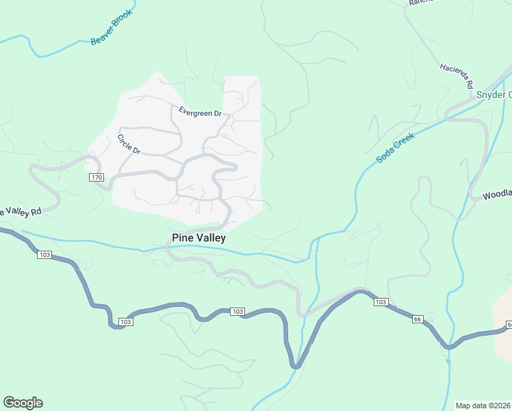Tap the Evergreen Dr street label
201,112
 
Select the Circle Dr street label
128,144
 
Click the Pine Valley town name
198,238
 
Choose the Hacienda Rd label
457,77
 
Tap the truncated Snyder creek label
494,95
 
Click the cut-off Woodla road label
497,195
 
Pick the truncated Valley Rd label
21,211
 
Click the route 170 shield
96,177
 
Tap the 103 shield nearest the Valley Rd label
44,255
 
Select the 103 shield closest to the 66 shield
381,302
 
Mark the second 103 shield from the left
125,321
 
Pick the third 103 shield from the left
237,312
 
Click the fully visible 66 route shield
418,319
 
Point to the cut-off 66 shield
509,324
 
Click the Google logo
23,403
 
